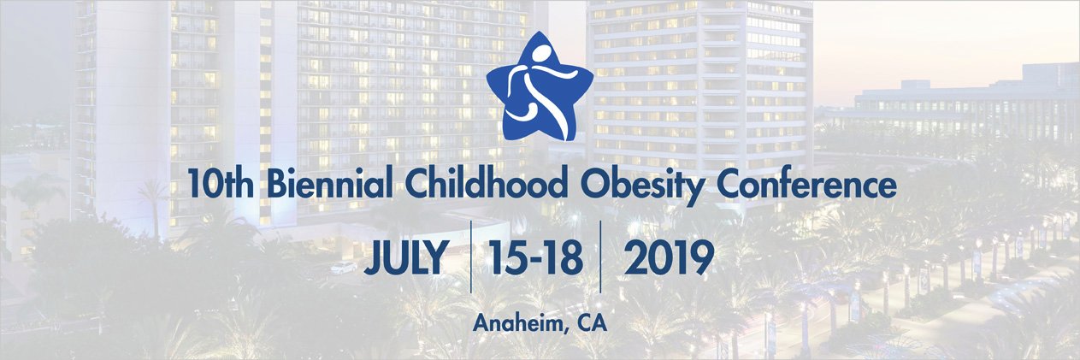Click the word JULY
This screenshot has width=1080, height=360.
406,257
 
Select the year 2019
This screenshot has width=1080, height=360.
668,257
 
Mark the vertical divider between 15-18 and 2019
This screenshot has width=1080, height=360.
600,257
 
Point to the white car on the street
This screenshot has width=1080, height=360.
344,267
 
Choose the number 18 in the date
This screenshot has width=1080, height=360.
565,257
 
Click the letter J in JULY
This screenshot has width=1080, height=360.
373,257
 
